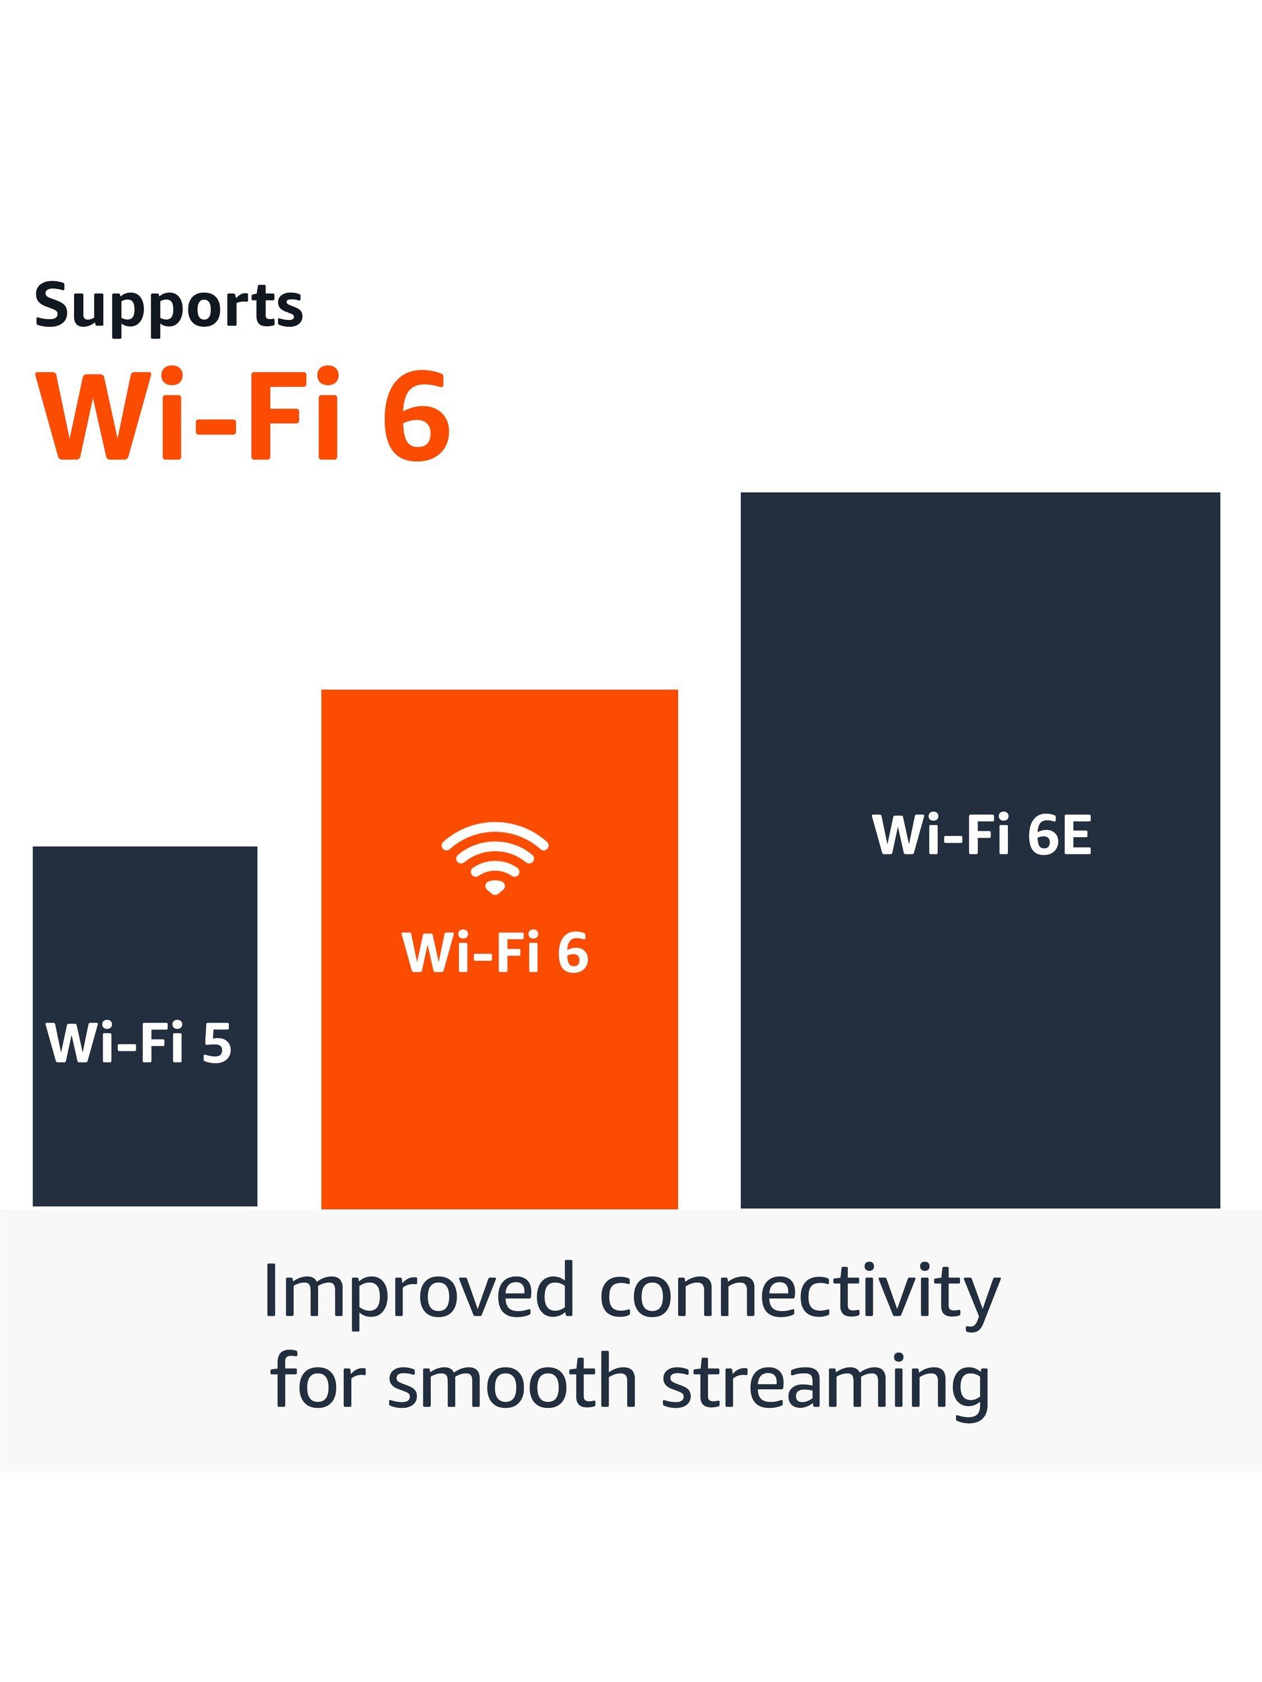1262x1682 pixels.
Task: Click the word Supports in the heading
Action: click(169, 306)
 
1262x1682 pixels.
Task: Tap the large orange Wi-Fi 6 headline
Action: click(243, 415)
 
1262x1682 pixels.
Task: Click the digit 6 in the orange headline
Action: click(417, 415)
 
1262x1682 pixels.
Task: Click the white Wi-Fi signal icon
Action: click(495, 857)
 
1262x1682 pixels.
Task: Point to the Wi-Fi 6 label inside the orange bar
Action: click(495, 951)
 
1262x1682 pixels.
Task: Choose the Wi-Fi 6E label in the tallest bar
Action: click(982, 834)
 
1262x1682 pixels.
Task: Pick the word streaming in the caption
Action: click(826, 1385)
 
